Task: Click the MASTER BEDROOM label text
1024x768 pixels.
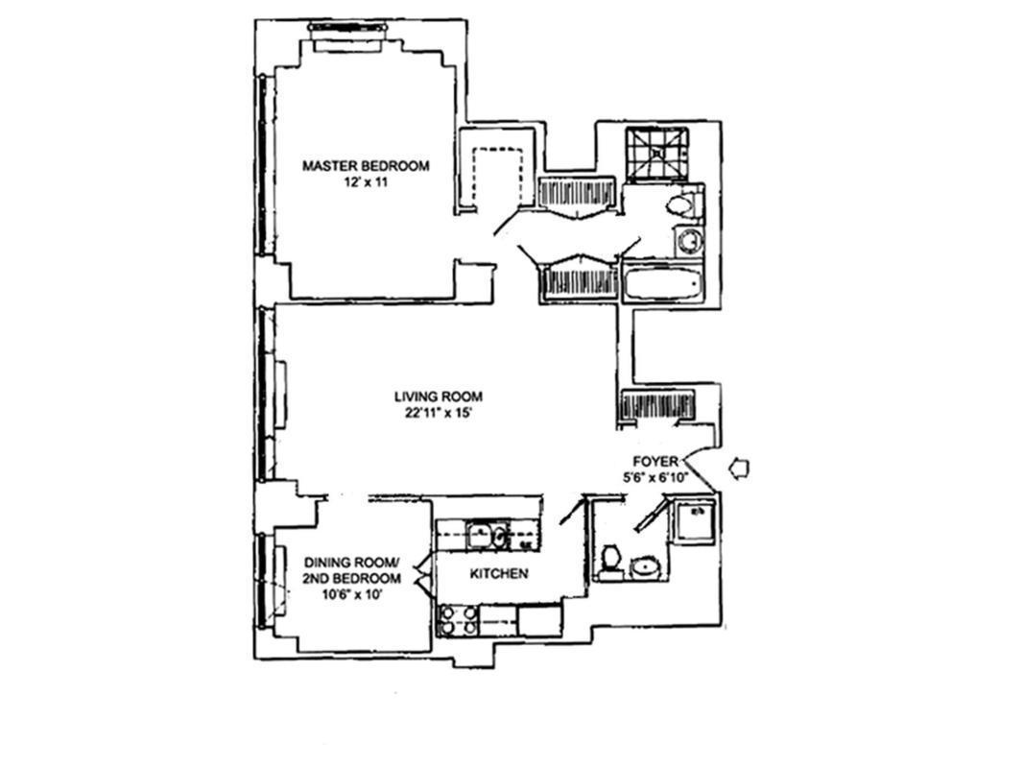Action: coord(366,166)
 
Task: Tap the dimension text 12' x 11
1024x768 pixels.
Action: coord(366,182)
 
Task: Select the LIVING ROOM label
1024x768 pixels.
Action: coord(438,396)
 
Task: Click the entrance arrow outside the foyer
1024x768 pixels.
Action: coord(740,468)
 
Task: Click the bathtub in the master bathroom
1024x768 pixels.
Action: coord(663,285)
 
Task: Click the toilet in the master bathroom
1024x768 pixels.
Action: coord(682,204)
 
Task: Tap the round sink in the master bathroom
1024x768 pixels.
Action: coord(688,240)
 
